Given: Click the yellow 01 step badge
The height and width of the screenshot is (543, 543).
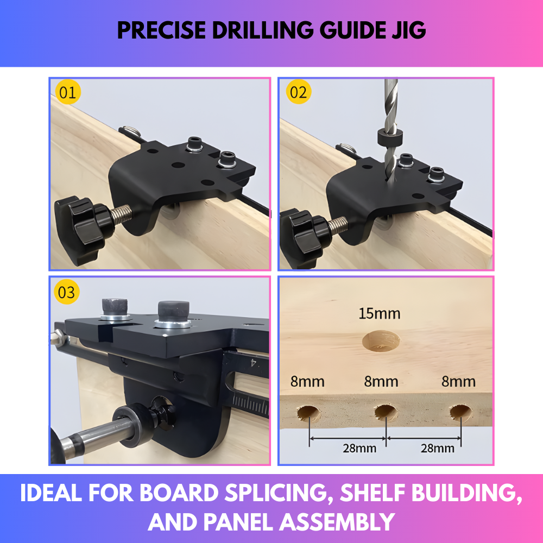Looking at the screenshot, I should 67,92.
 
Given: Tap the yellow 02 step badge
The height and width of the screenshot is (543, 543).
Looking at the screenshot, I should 298,92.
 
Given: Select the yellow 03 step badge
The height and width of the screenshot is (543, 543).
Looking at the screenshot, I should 67,292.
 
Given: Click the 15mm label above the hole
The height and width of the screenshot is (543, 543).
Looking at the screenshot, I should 380,313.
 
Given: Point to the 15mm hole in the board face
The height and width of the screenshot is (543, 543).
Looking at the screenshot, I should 381,341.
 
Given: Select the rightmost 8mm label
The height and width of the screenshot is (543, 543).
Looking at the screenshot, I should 458,381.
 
